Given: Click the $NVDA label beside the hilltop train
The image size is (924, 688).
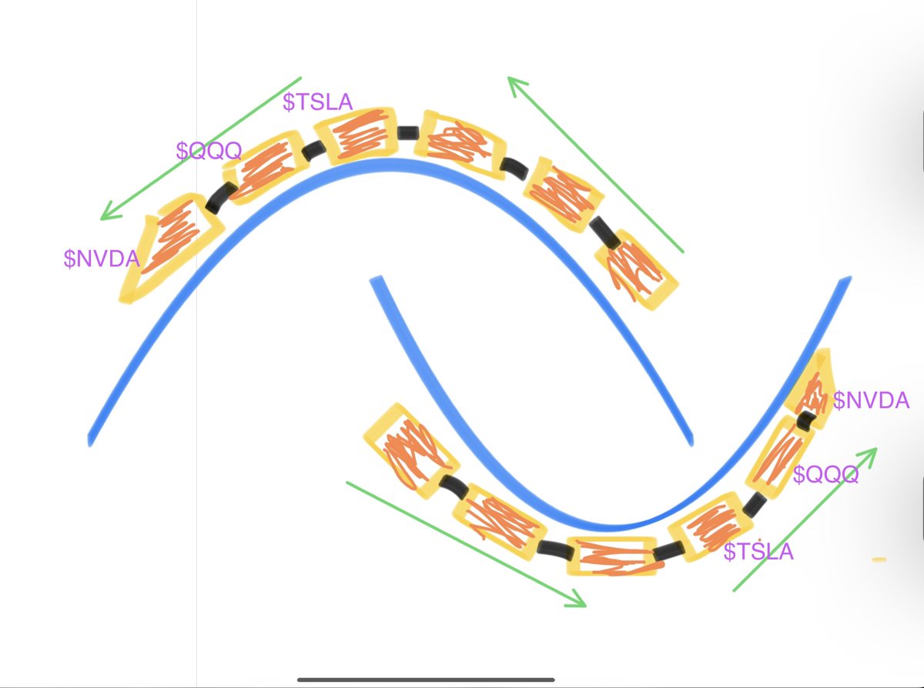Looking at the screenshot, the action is pyautogui.click(x=101, y=259).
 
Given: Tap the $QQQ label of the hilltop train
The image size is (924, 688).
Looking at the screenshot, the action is pyautogui.click(x=209, y=150).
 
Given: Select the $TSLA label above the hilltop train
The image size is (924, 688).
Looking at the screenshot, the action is pyautogui.click(x=317, y=102).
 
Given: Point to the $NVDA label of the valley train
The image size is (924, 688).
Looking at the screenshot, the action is pyautogui.click(x=871, y=400).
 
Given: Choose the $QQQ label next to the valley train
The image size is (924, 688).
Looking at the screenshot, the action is pyautogui.click(x=825, y=474).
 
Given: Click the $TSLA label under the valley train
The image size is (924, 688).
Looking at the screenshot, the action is pyautogui.click(x=758, y=551).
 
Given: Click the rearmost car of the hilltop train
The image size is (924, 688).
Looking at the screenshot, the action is pyautogui.click(x=635, y=270).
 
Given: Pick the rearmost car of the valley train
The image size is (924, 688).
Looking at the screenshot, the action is pyautogui.click(x=411, y=451).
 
